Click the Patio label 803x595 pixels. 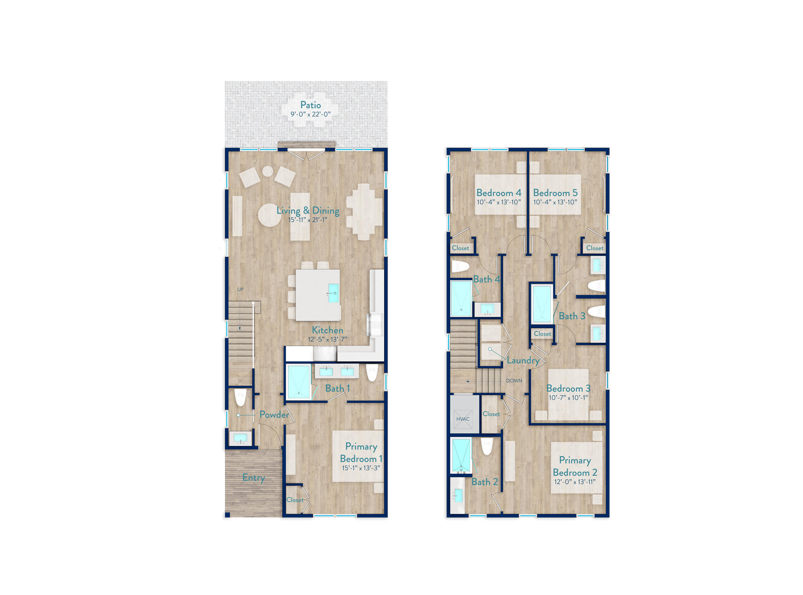click(310, 105)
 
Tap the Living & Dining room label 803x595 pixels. click(308, 210)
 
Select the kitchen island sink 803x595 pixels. click(333, 293)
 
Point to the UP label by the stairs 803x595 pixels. click(240, 289)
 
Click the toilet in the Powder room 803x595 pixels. click(240, 397)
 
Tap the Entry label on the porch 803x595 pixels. click(253, 478)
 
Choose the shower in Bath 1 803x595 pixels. click(299, 382)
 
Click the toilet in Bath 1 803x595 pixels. click(372, 373)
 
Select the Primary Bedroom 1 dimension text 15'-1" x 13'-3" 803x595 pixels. click(361, 468)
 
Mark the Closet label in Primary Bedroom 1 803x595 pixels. click(295, 500)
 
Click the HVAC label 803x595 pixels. click(463, 419)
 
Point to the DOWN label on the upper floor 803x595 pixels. click(514, 381)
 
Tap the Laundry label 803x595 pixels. click(523, 360)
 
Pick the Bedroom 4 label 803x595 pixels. click(499, 193)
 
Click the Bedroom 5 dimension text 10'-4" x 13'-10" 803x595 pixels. click(555, 202)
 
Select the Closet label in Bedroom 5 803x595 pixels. click(595, 248)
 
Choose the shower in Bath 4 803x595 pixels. click(461, 298)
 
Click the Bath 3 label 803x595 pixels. click(572, 316)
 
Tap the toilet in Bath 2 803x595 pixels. click(487, 446)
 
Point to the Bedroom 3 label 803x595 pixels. click(568, 389)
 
